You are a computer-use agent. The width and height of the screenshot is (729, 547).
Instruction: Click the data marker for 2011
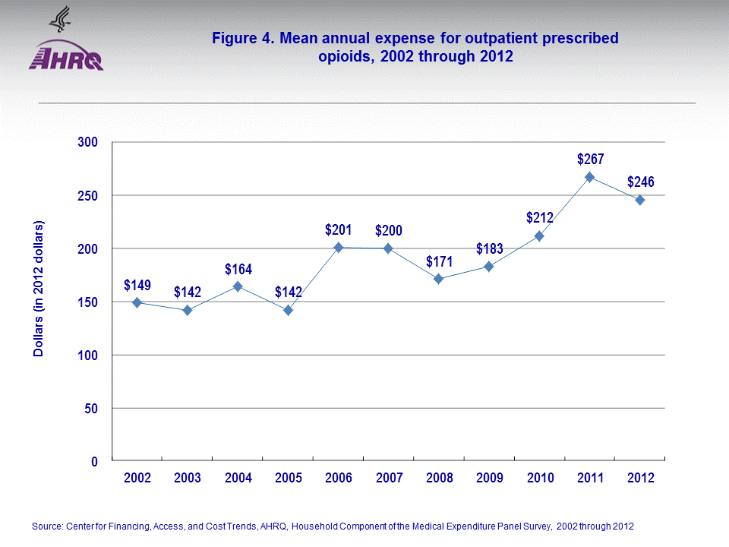(x=589, y=177)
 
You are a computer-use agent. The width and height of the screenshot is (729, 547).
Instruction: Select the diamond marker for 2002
(x=137, y=302)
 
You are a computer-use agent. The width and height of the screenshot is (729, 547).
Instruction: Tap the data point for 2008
(x=439, y=279)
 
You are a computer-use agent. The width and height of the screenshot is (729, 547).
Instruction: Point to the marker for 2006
(x=338, y=248)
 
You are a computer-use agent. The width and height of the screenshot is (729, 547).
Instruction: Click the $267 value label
(x=590, y=159)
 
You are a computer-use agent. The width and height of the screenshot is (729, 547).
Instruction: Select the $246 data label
(x=640, y=182)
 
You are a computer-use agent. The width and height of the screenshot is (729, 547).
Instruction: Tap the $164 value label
(x=238, y=269)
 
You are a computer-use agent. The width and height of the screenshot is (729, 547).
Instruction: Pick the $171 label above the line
(x=439, y=261)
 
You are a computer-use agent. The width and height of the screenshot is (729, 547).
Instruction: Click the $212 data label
(x=539, y=218)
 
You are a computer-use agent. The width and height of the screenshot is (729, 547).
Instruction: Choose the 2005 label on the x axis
(x=288, y=479)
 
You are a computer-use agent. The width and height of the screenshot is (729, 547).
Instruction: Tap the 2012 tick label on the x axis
(x=640, y=479)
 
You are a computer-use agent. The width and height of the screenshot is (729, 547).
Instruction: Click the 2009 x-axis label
(x=489, y=479)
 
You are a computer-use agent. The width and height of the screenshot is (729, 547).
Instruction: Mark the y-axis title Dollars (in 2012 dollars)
(x=39, y=289)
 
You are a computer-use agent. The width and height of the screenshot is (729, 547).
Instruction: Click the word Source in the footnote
(x=47, y=526)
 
